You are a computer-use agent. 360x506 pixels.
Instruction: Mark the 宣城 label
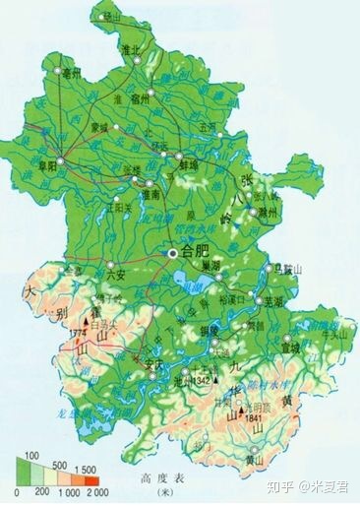point(288,347)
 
